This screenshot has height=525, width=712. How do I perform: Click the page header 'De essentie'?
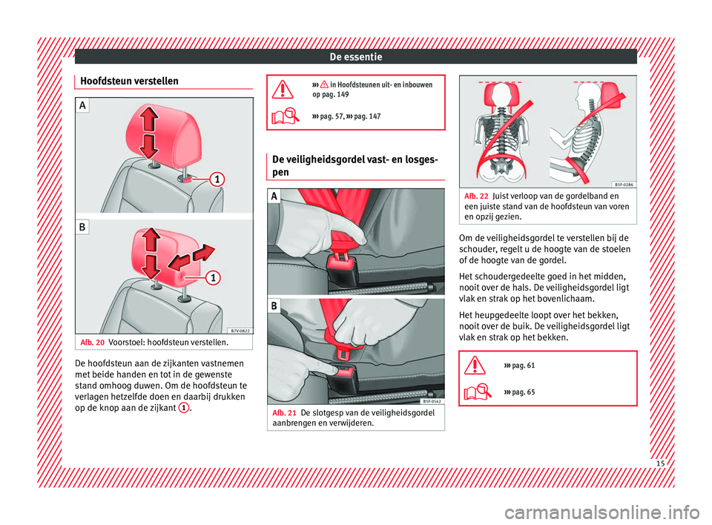pos(356,56)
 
